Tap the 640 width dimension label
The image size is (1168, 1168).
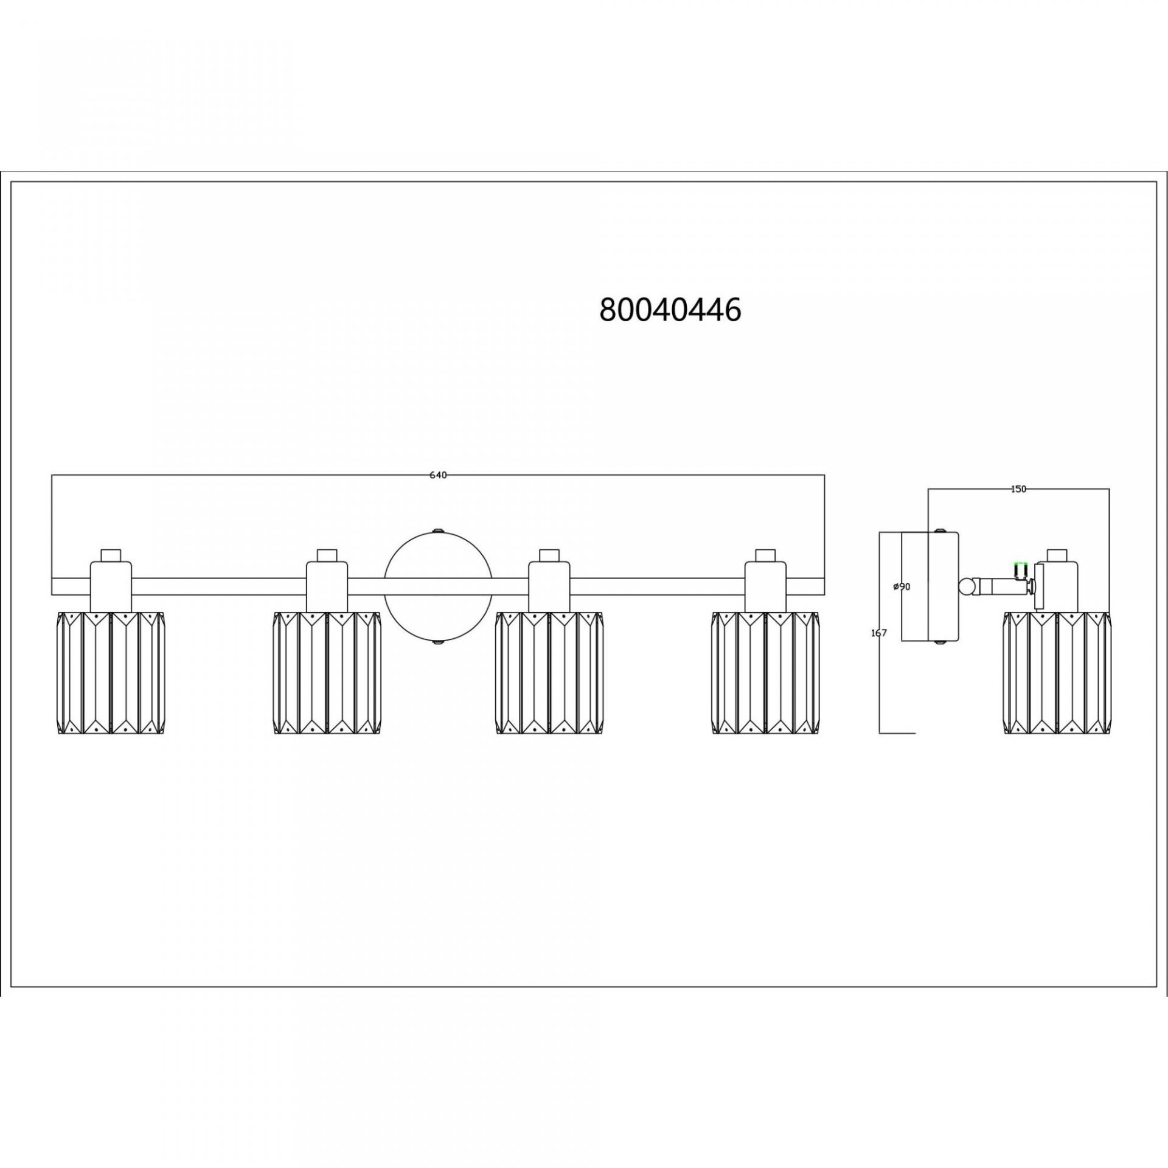coord(438,475)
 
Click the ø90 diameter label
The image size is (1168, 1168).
coord(902,586)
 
